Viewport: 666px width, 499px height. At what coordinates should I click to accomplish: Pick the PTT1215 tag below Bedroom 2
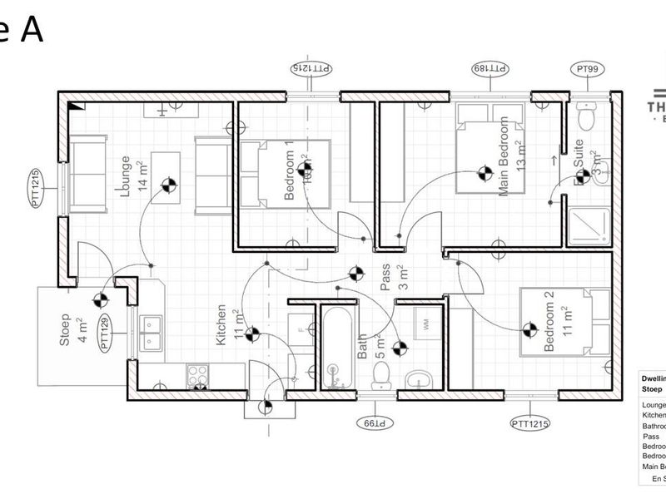(x=530, y=424)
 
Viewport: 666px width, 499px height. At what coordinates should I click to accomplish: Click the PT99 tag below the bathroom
(x=373, y=422)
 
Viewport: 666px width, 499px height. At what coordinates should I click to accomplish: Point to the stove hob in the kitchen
(x=198, y=376)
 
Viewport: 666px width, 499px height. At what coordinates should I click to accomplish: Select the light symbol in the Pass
(x=355, y=273)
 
